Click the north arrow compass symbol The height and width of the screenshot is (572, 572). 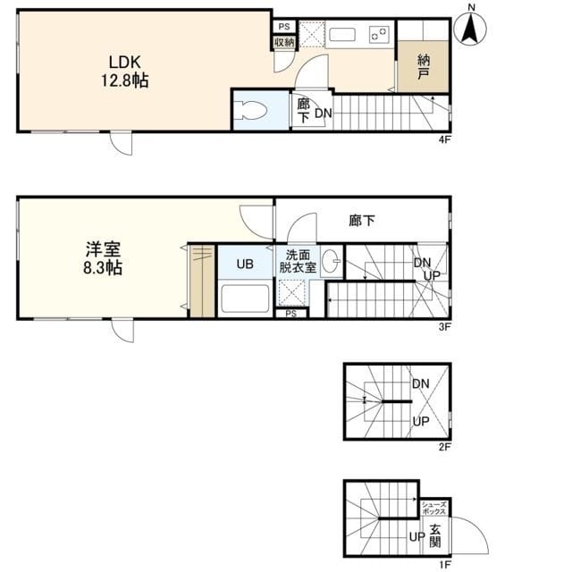pyautogui.click(x=470, y=29)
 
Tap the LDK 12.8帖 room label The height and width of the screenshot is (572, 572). pyautogui.click(x=125, y=71)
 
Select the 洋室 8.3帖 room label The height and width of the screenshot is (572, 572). pyautogui.click(x=103, y=258)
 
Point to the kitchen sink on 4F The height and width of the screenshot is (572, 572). pyautogui.click(x=342, y=35)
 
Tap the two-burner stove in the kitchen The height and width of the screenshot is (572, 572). pyautogui.click(x=379, y=34)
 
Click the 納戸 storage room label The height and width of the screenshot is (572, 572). pyautogui.click(x=423, y=66)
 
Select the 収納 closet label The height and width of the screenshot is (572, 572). pyautogui.click(x=284, y=42)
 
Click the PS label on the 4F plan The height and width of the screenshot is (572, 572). pyautogui.click(x=284, y=26)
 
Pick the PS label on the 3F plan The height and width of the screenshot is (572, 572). pyautogui.click(x=291, y=314)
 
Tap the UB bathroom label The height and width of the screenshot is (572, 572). pyautogui.click(x=245, y=264)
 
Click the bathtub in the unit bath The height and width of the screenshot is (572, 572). pyautogui.click(x=245, y=299)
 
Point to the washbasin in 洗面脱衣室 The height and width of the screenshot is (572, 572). pyautogui.click(x=332, y=261)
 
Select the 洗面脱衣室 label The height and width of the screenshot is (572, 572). pyautogui.click(x=298, y=261)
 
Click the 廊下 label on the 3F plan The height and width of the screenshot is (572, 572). pyautogui.click(x=361, y=221)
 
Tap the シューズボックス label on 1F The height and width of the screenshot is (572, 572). pyautogui.click(x=434, y=509)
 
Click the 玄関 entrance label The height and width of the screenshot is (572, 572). pyautogui.click(x=435, y=535)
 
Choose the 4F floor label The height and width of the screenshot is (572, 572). pyautogui.click(x=445, y=139)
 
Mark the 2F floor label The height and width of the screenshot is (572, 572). pyautogui.click(x=445, y=447)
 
